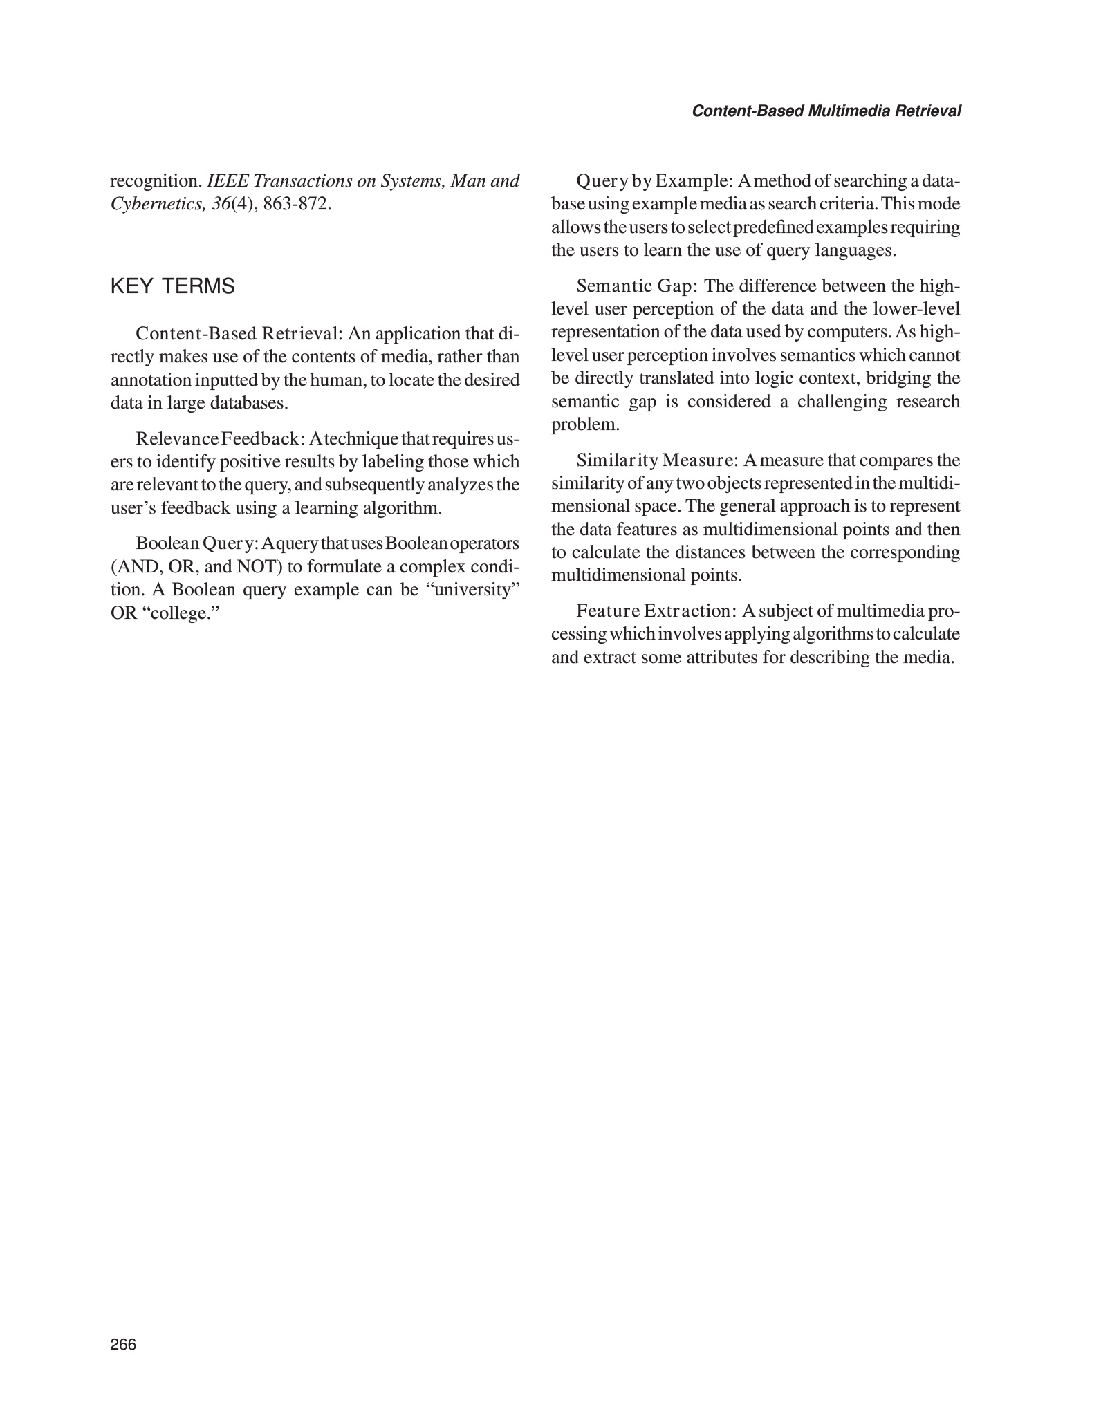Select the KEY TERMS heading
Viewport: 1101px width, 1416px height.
tap(172, 286)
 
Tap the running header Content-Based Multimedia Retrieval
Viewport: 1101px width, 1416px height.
tap(826, 111)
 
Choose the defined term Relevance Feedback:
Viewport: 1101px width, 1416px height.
tap(220, 439)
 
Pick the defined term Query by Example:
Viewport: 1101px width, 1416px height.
tap(654, 182)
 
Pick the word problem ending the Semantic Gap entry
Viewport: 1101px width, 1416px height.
tap(582, 425)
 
